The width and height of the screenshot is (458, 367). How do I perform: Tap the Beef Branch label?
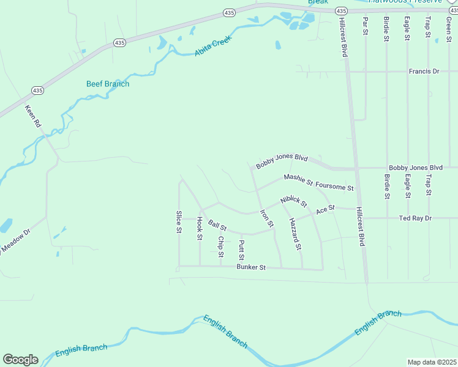tap(108, 84)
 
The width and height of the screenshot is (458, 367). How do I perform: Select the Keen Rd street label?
tap(32, 116)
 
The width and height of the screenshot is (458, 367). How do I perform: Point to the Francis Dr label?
tap(424, 72)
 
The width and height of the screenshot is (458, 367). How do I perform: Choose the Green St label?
tap(449, 26)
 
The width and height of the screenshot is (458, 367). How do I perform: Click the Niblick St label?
tap(294, 201)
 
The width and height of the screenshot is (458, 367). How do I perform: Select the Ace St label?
tap(325, 210)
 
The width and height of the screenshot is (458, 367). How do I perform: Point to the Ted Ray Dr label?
tap(415, 218)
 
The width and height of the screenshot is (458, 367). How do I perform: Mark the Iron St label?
tap(266, 219)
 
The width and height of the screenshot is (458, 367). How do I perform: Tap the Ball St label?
tap(217, 226)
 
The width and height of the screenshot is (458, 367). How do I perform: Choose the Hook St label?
tap(199, 228)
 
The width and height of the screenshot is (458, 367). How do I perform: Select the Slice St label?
tap(179, 222)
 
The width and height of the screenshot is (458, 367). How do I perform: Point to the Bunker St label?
tap(251, 267)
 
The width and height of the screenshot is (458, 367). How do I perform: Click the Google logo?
tap(20, 360)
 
